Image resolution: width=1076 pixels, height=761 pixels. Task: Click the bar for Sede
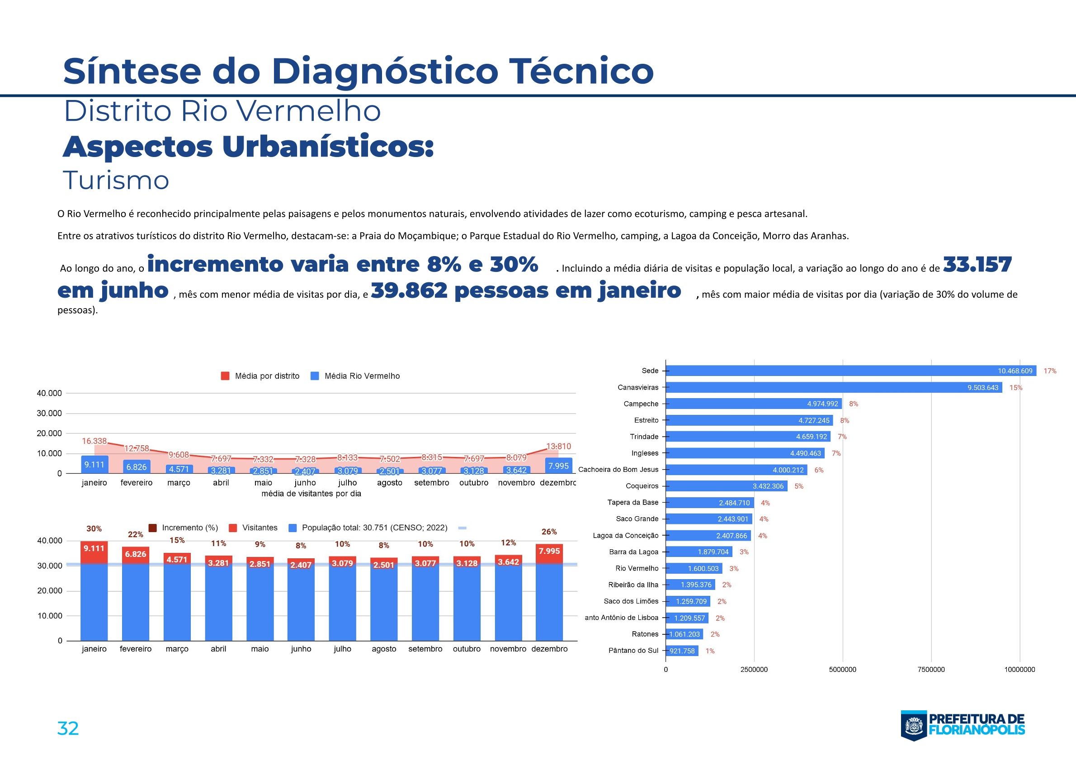pos(850,371)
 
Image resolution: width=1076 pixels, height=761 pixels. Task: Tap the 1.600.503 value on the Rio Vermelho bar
pos(703,569)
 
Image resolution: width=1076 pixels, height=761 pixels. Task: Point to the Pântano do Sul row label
pos(633,651)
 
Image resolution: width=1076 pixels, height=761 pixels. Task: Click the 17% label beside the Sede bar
pos(1050,371)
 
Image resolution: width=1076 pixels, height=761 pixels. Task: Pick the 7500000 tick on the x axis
pos(931,670)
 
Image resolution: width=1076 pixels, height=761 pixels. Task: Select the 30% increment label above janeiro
pos(94,528)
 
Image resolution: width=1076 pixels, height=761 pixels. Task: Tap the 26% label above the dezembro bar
pos(549,532)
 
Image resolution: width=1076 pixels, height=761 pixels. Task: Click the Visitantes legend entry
pos(260,528)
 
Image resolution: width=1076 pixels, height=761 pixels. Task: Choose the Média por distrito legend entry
pos(267,376)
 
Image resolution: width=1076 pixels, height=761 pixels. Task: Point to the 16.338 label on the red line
pos(94,441)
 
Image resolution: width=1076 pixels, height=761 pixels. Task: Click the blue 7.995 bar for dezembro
pos(558,466)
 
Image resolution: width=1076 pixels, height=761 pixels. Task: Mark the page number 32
pos(68,728)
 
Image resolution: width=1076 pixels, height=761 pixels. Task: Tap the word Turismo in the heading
pos(116,181)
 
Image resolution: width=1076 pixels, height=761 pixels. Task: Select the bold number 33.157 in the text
pos(977,265)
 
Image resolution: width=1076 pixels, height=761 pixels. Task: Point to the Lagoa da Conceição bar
pos(708,536)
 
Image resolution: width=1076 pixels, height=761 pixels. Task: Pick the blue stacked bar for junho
pos(301,603)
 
